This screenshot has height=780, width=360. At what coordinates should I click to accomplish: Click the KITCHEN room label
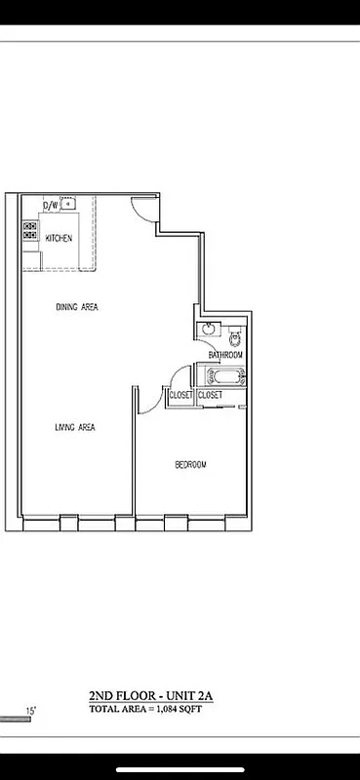(x=59, y=238)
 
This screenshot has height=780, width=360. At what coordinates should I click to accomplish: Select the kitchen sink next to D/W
(x=68, y=205)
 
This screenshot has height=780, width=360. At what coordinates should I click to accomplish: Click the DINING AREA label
(x=76, y=307)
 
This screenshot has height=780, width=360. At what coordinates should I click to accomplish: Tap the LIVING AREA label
(x=74, y=427)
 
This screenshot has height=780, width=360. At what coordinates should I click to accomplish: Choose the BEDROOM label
(x=190, y=464)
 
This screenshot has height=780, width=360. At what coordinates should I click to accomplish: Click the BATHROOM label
(x=224, y=355)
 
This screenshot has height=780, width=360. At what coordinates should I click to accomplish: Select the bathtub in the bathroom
(x=224, y=375)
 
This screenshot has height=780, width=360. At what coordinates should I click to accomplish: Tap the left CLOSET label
(x=180, y=395)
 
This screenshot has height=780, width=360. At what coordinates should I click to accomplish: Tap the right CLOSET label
(x=211, y=395)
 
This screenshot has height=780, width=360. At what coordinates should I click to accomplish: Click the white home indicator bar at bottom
(x=180, y=768)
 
